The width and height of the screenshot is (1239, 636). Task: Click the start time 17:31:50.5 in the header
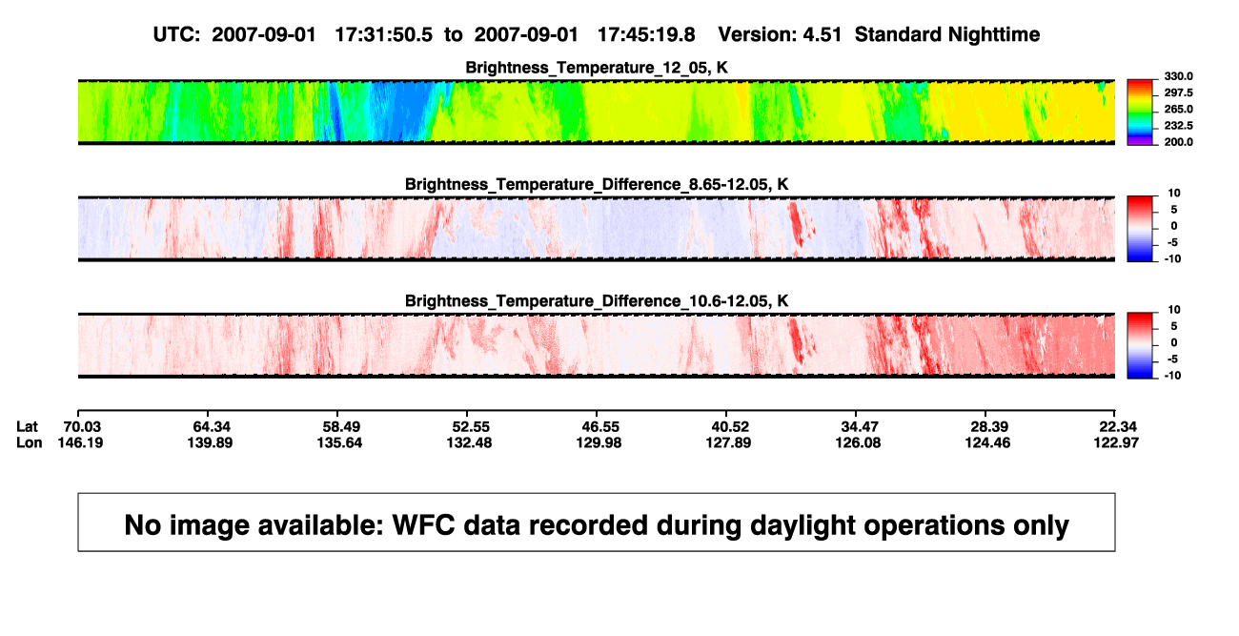(x=383, y=34)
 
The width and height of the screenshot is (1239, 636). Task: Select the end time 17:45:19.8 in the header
(x=646, y=34)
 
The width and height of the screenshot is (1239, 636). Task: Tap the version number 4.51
(x=822, y=34)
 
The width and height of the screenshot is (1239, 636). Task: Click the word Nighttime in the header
(x=993, y=34)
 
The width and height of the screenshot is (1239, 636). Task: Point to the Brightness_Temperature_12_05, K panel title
(x=597, y=68)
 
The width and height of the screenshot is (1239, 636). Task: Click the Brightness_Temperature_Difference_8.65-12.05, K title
(x=597, y=184)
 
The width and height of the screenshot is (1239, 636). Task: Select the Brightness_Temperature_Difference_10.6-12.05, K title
(x=597, y=301)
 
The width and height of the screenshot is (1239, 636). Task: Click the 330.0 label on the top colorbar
(x=1178, y=76)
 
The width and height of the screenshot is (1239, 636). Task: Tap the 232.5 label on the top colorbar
(x=1178, y=126)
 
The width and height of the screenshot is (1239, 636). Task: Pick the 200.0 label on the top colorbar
(x=1178, y=142)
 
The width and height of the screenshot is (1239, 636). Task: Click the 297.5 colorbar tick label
(x=1178, y=93)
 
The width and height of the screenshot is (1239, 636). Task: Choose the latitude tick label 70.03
(x=81, y=427)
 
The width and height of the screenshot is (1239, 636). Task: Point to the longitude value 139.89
(x=210, y=442)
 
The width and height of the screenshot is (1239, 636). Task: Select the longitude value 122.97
(x=1116, y=442)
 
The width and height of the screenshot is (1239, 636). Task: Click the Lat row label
(x=27, y=427)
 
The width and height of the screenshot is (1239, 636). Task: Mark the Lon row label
(x=29, y=442)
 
